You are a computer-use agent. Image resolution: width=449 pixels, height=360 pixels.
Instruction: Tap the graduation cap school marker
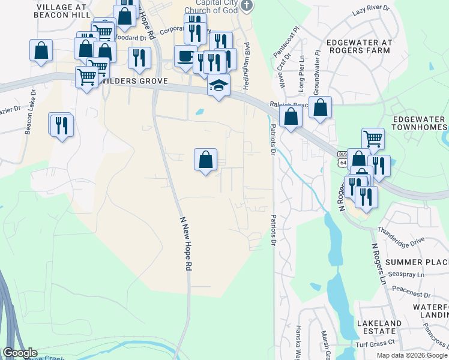(x=219, y=85)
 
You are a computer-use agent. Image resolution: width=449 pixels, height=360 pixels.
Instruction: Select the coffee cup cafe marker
(x=184, y=55)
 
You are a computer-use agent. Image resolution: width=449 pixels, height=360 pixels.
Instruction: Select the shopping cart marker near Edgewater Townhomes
(x=373, y=139)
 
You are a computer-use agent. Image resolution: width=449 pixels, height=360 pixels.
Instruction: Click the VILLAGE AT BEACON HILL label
(x=63, y=10)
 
